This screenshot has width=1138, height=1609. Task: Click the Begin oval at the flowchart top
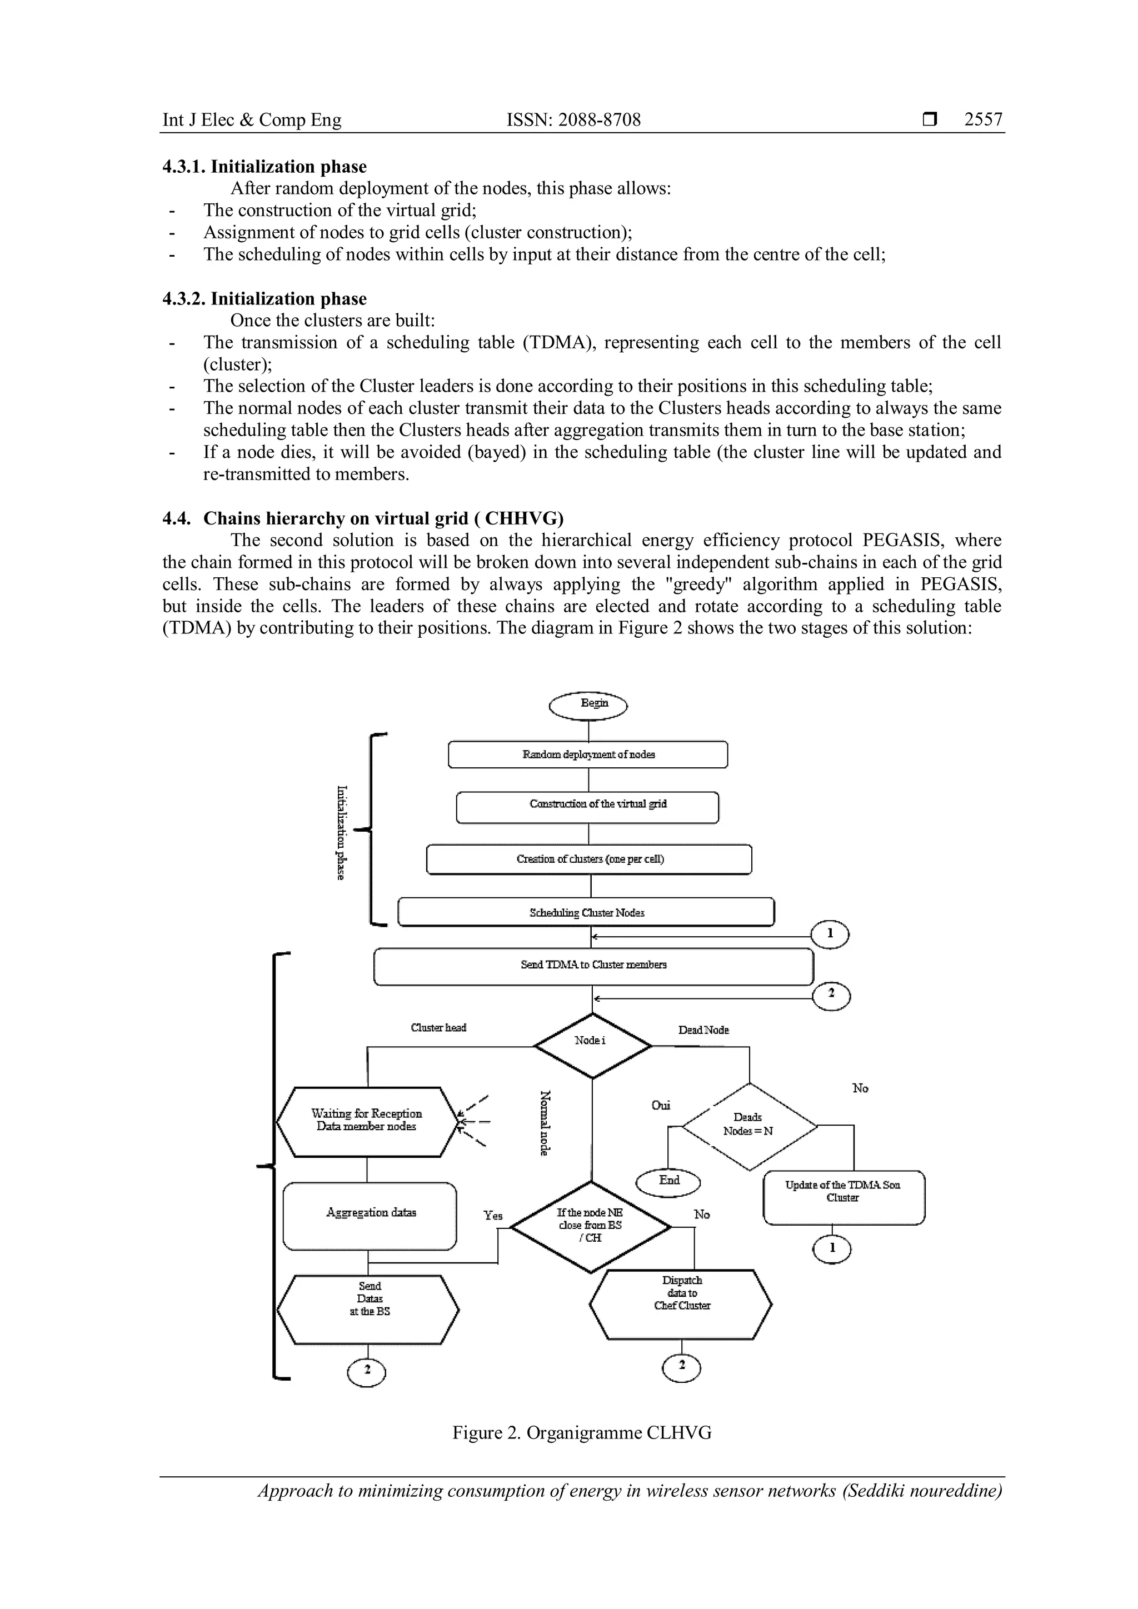[x=588, y=705]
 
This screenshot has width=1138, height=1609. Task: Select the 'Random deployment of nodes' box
[x=588, y=754]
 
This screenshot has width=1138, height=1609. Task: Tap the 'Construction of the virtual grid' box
[x=588, y=807]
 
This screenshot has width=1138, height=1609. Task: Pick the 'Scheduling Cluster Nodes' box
[x=587, y=912]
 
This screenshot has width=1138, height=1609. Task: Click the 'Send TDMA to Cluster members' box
[x=593, y=966]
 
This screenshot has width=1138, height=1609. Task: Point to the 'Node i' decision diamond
[x=592, y=1045]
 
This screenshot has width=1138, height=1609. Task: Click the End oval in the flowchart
[x=668, y=1182]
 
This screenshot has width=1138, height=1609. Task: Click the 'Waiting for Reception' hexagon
[x=367, y=1121]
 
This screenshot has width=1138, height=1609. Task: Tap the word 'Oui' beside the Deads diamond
[x=660, y=1106]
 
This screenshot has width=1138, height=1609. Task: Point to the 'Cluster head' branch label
[x=438, y=1028]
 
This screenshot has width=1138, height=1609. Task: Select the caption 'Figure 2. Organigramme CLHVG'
[x=582, y=1432]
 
